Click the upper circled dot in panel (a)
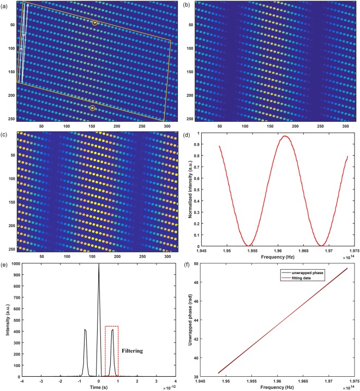(95, 23)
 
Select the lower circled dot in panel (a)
(92, 108)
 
